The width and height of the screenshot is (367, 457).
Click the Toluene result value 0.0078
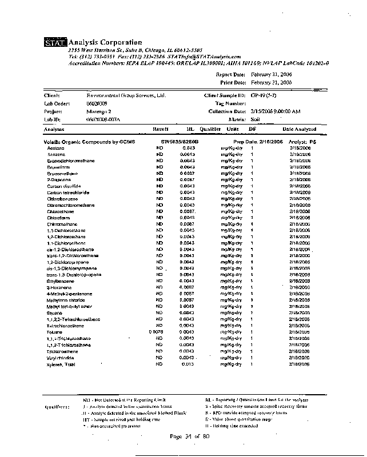tap(156, 332)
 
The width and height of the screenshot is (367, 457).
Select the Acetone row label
tap(56, 148)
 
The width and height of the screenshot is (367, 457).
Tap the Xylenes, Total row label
tap(61, 364)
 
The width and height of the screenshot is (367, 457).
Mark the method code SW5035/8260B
tap(180, 141)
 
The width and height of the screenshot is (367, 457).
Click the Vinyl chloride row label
tap(59, 358)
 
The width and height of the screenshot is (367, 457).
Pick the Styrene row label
tap(54, 312)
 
